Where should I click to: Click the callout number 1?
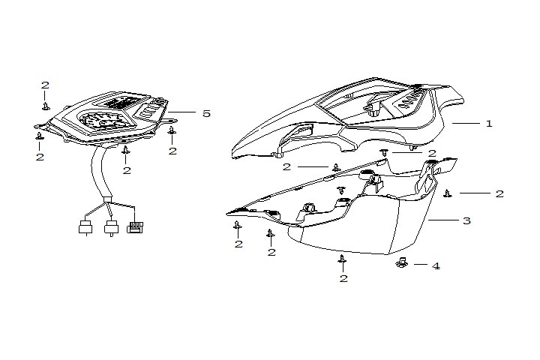(x=489, y=123)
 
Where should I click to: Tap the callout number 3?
(x=466, y=221)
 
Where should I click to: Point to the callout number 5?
(x=205, y=113)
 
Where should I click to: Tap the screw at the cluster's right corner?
(x=172, y=132)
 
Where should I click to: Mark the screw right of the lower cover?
(x=448, y=193)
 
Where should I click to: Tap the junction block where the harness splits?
(x=106, y=200)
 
